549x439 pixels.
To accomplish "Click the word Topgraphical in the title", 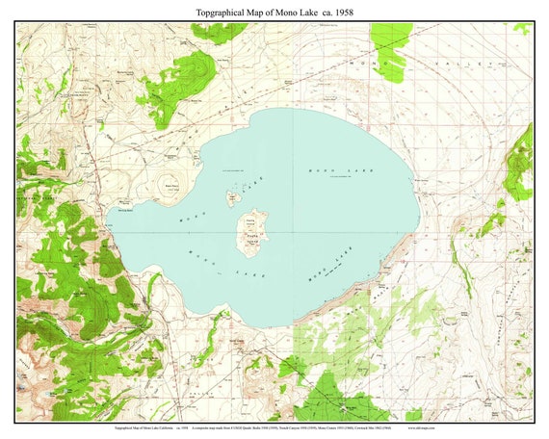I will pos(207,11).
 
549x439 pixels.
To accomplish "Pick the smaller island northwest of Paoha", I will pos(232,198).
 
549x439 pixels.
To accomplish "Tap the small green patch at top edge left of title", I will pos(220,31).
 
